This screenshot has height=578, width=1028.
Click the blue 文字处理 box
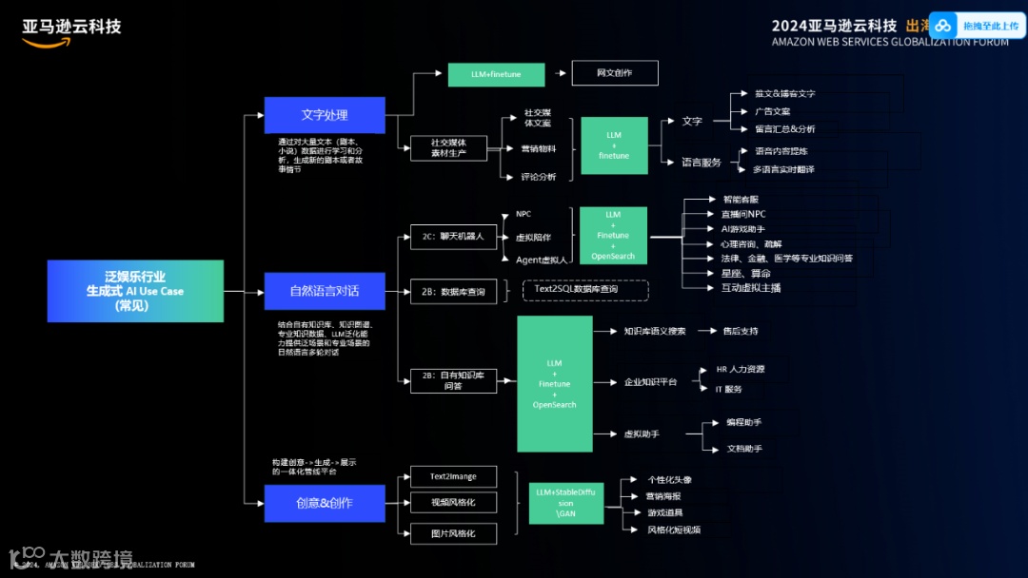[325, 115]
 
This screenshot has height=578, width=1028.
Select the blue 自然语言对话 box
[325, 291]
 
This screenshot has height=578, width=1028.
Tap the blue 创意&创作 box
[325, 503]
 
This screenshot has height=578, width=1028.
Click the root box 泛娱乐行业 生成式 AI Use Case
[135, 291]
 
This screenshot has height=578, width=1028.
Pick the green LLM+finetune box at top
[496, 74]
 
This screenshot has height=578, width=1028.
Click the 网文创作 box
[614, 73]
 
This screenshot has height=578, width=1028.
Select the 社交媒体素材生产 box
[448, 147]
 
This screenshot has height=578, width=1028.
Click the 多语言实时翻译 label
[783, 169]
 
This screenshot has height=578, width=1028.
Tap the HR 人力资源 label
[740, 369]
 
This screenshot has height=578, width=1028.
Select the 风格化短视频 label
[674, 530]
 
